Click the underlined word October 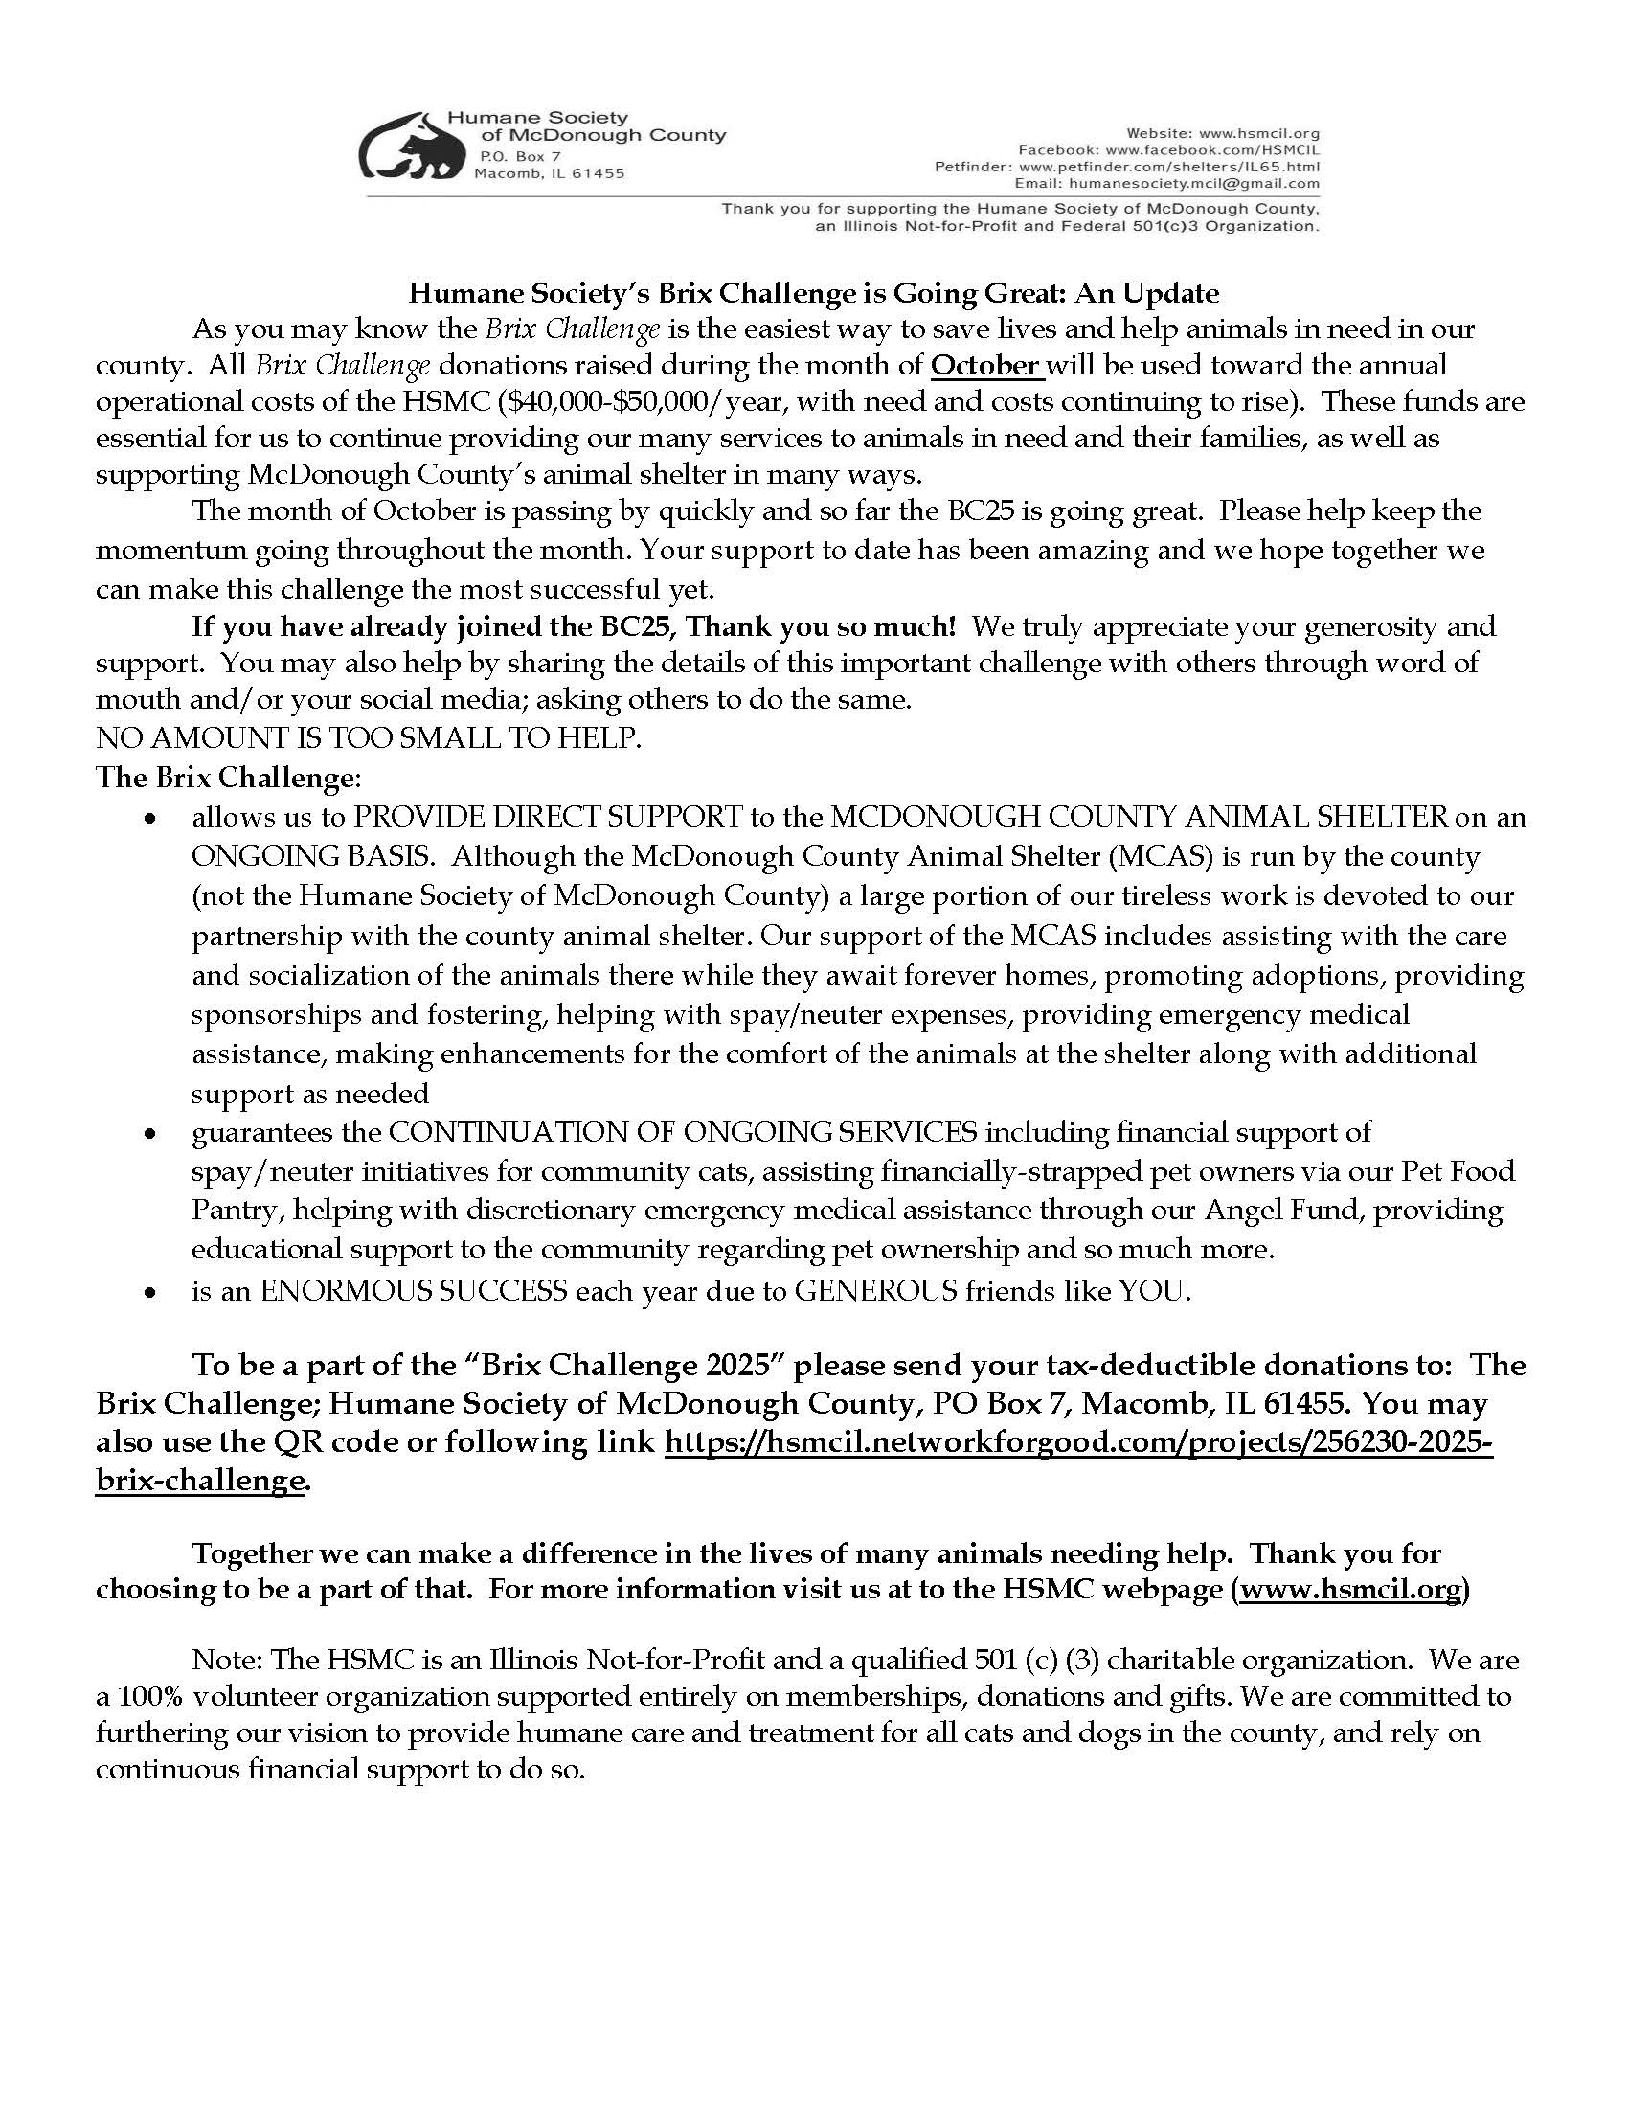click(x=986, y=366)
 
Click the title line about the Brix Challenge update click(x=813, y=292)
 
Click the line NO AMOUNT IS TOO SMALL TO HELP click(x=369, y=738)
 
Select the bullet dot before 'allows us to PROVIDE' click(x=149, y=818)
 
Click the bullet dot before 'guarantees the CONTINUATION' click(x=149, y=1133)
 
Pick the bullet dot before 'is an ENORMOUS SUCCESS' click(x=149, y=1292)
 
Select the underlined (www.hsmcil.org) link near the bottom click(x=1350, y=1589)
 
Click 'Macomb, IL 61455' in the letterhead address click(x=549, y=173)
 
